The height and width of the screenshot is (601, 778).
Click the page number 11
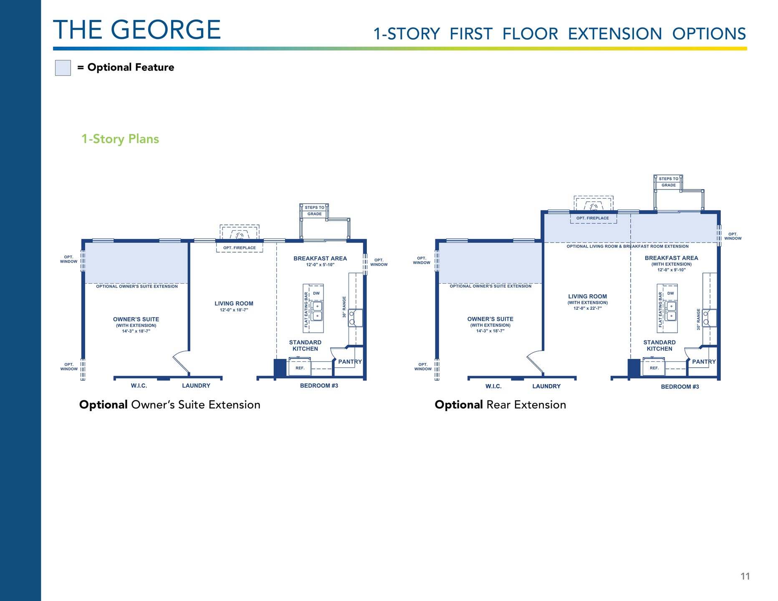745,576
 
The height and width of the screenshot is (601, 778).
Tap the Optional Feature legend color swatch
63,68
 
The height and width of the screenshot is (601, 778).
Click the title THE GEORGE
137,30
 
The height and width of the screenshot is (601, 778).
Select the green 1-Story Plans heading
120,139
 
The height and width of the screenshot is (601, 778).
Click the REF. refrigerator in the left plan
300,368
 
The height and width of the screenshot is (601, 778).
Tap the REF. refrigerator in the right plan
654,368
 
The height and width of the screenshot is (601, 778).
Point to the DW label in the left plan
316,293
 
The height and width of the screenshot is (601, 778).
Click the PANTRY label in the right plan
704,362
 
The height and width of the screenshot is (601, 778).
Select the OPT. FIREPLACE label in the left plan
240,248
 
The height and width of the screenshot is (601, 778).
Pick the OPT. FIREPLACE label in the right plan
593,218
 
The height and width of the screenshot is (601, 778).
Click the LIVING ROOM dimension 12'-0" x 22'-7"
588,308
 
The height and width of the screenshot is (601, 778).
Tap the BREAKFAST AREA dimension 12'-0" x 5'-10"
320,265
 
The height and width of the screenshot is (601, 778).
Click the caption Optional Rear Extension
500,405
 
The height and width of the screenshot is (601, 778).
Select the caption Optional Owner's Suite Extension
170,405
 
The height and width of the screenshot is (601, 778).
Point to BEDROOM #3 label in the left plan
319,386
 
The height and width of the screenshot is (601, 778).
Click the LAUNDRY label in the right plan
546,386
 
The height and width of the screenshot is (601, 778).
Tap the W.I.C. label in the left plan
139,386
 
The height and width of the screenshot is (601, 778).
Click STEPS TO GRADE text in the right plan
669,182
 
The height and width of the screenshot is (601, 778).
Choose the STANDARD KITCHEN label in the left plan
305,346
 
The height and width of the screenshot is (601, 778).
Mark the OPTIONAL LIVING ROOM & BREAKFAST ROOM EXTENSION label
628,246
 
